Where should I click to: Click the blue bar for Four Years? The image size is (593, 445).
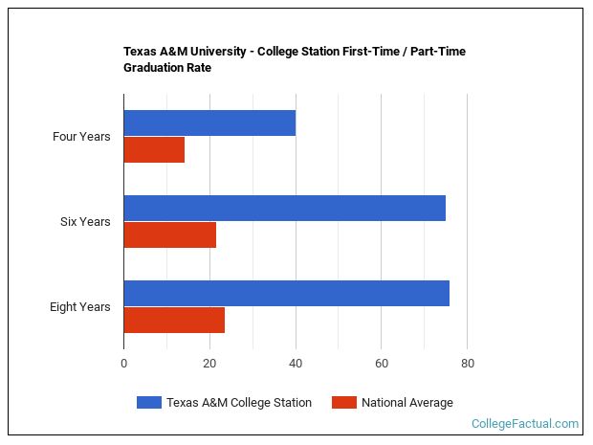209,122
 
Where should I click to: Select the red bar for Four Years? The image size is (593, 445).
154,150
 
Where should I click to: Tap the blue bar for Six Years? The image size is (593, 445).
284,208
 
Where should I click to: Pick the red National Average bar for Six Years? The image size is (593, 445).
169,235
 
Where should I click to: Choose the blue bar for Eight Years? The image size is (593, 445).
286,293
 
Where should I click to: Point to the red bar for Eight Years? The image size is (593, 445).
174,321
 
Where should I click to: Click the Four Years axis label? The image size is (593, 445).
81,137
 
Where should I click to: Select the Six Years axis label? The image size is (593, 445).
85,222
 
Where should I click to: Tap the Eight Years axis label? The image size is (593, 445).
80,307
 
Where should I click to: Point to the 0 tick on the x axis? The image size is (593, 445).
123,364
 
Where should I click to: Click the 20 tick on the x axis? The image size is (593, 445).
209,364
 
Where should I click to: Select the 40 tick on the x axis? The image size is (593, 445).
296,364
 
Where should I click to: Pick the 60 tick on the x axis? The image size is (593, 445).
381,364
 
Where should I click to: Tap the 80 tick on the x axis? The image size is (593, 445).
467,364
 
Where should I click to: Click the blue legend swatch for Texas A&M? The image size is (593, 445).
148,403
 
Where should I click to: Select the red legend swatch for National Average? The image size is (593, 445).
343,403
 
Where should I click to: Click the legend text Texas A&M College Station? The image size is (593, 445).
238,403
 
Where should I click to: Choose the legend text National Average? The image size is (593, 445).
406,403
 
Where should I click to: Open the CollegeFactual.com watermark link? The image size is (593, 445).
524,424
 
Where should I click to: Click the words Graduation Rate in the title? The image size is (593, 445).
167,68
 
